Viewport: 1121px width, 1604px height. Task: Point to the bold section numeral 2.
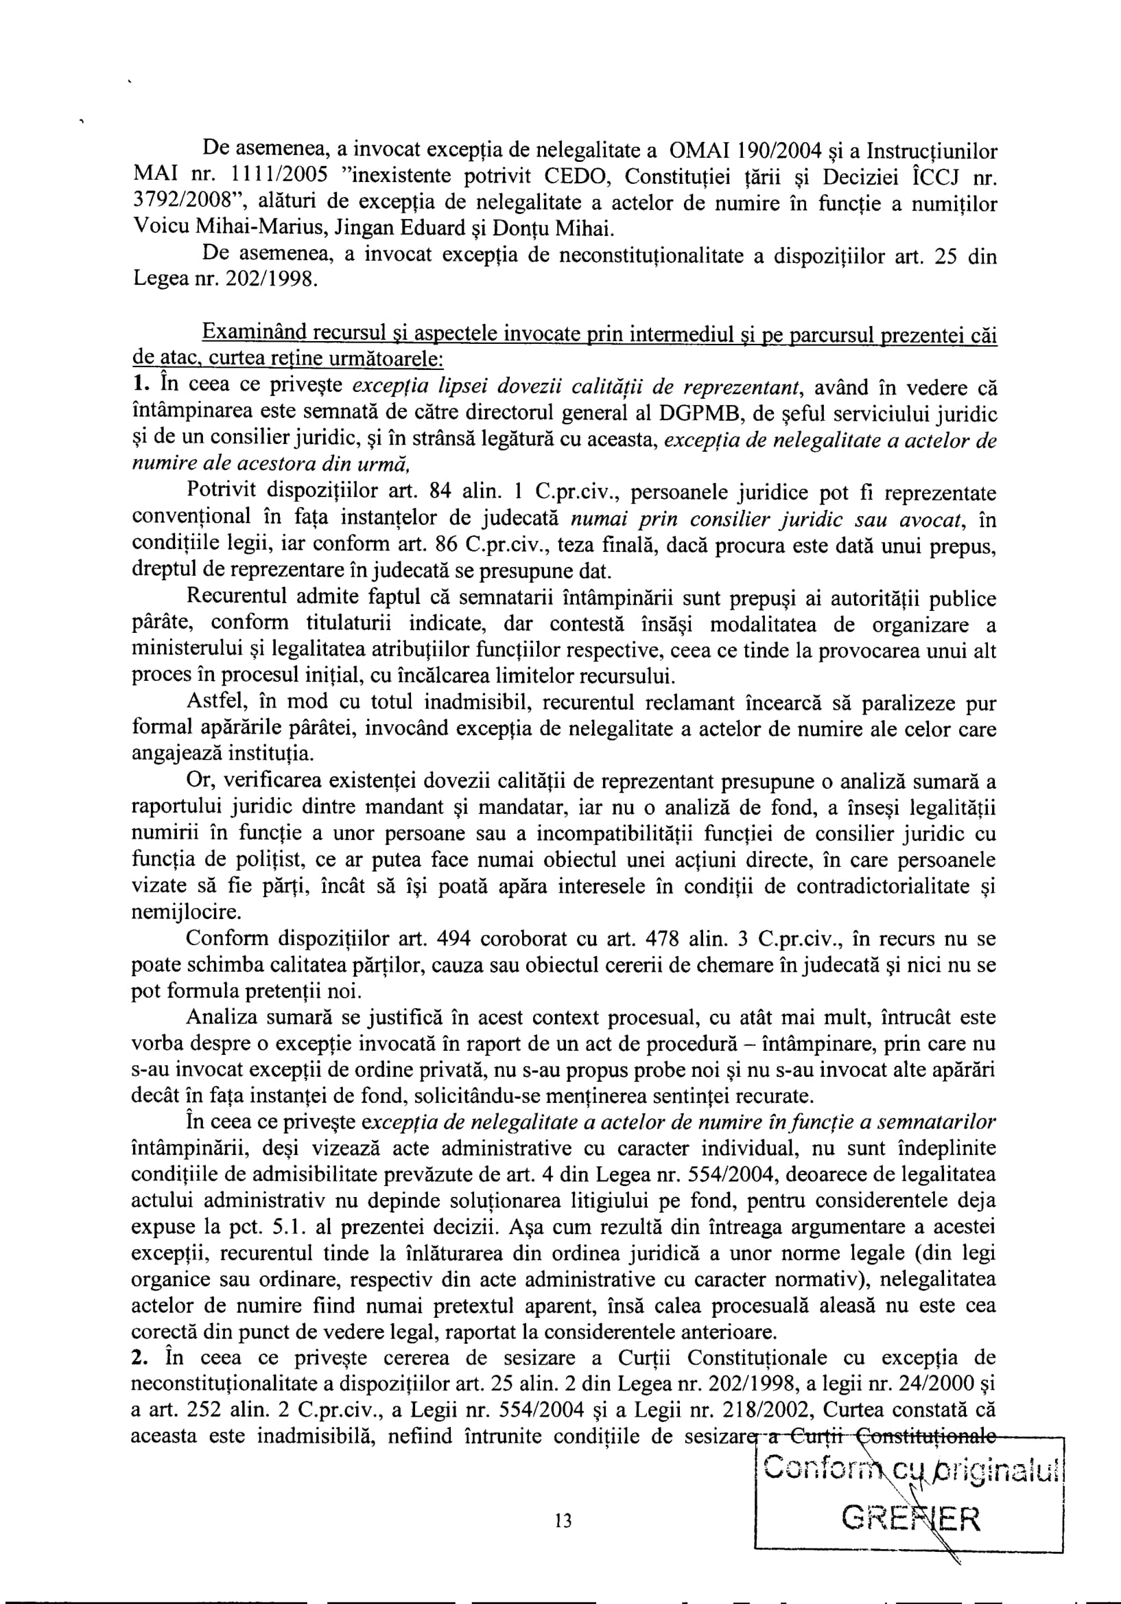139,1358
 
